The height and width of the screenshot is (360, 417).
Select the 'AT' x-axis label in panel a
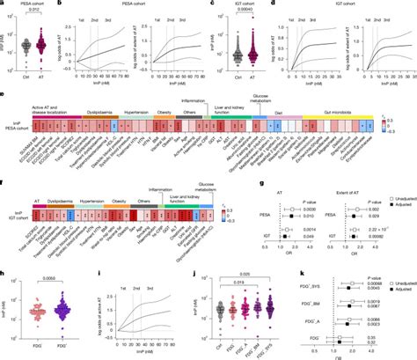click(x=49, y=80)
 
